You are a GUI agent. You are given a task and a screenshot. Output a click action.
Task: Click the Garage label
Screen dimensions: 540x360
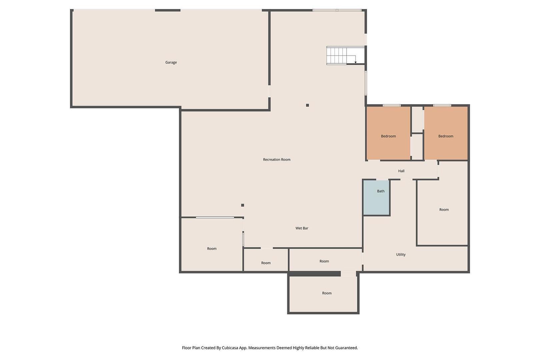point(171,62)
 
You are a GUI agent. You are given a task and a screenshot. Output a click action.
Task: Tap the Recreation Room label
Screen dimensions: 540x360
point(277,159)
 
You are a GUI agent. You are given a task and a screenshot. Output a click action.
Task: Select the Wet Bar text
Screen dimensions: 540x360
point(302,228)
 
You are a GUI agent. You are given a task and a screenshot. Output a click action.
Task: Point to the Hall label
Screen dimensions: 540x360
point(401,171)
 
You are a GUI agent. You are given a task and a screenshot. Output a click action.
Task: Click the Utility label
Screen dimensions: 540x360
point(401,254)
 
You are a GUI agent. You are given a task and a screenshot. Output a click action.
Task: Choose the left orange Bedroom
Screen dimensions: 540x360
point(388,133)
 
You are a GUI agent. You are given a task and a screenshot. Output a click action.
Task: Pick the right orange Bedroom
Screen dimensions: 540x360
point(446,133)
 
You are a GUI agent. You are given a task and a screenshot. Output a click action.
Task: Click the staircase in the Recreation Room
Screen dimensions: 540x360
point(345,55)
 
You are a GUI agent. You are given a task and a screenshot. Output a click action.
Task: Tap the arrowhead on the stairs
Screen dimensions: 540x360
point(355,62)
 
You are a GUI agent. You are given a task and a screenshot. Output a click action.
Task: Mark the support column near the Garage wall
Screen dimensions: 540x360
point(307,105)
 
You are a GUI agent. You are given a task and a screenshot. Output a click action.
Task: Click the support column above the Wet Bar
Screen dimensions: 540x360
point(243,205)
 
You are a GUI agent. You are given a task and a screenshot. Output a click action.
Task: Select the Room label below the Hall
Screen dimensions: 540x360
point(444,210)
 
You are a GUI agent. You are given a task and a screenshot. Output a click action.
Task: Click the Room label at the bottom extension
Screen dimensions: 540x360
point(327,293)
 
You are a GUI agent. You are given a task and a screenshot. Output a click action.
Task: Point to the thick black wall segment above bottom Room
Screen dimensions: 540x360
point(315,274)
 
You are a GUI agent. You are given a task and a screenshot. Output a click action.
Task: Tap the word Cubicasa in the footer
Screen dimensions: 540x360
point(231,348)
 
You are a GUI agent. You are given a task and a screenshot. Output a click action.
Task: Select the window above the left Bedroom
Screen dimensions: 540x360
point(392,105)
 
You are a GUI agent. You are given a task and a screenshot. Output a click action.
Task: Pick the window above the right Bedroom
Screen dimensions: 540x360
point(442,105)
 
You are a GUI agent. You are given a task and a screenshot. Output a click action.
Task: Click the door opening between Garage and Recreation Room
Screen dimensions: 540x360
point(269,91)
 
